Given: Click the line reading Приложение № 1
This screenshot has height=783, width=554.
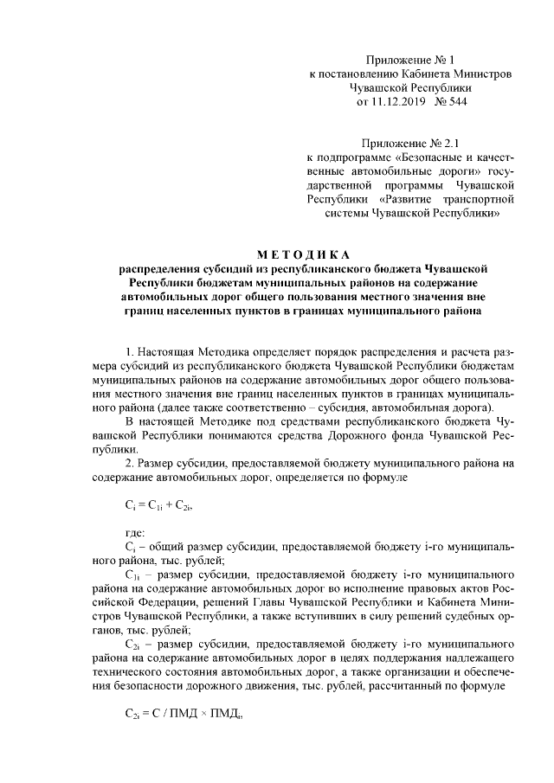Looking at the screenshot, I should point(410,60).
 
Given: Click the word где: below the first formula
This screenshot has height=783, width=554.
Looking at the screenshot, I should point(136,533).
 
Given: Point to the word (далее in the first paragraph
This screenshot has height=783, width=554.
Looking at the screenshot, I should point(177,408).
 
